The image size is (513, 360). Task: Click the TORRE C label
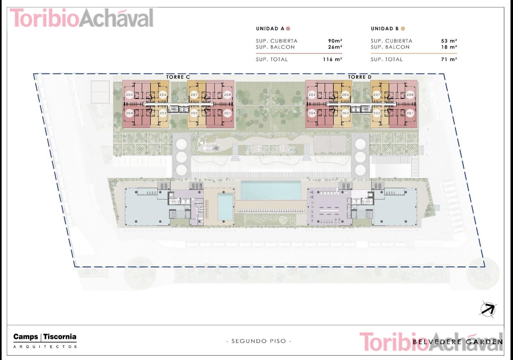(178, 77)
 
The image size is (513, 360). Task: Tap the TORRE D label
(359, 77)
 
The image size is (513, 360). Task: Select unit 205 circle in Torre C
(130, 95)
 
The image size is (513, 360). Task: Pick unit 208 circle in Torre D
(410, 95)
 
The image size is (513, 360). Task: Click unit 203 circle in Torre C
(163, 113)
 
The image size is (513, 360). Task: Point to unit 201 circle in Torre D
(410, 113)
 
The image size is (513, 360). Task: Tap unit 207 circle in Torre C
(194, 95)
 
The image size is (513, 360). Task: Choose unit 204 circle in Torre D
(312, 113)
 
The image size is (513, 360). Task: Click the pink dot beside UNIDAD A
(288, 29)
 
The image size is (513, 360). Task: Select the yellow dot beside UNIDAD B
(403, 29)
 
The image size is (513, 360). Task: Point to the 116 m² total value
(332, 59)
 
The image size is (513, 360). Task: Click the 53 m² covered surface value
(449, 41)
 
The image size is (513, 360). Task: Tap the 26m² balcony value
(335, 47)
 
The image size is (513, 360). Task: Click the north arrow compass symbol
(488, 309)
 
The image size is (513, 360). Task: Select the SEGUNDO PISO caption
(259, 341)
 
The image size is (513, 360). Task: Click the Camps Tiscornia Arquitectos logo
(45, 341)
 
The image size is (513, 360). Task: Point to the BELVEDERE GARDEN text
(458, 342)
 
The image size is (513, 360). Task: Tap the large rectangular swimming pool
(271, 190)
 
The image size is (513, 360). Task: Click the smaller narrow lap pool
(225, 207)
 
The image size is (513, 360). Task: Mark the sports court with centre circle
(330, 144)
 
